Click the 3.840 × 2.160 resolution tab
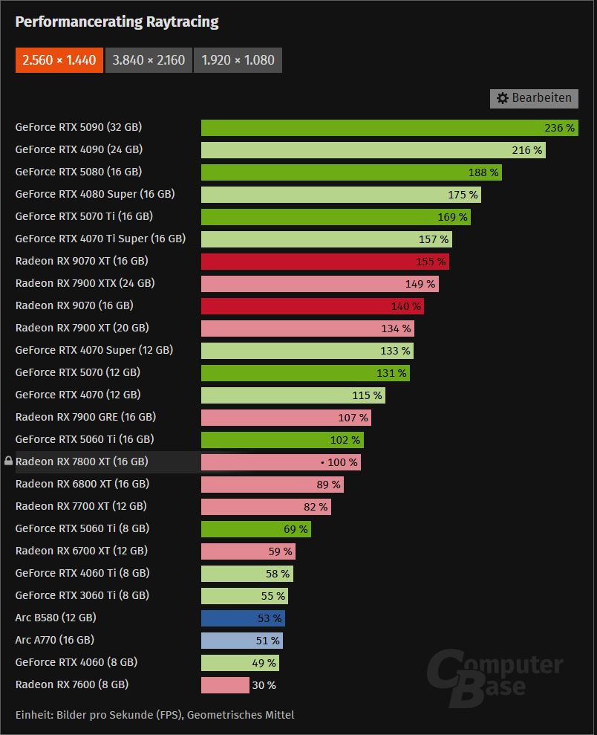click(x=149, y=60)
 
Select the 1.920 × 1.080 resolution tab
click(x=238, y=60)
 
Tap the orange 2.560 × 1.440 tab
click(x=59, y=60)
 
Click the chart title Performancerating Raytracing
click(x=117, y=22)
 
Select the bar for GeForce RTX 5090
click(x=371, y=128)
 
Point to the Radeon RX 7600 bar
click(x=225, y=685)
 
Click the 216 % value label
click(x=526, y=150)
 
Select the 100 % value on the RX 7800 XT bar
click(x=342, y=462)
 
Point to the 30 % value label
click(x=264, y=685)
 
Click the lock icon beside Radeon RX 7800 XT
click(x=8, y=462)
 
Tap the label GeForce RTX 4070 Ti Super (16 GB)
click(x=100, y=239)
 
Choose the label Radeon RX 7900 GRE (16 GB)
click(x=85, y=417)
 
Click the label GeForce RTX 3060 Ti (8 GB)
click(x=82, y=595)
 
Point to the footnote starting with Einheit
click(x=154, y=715)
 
